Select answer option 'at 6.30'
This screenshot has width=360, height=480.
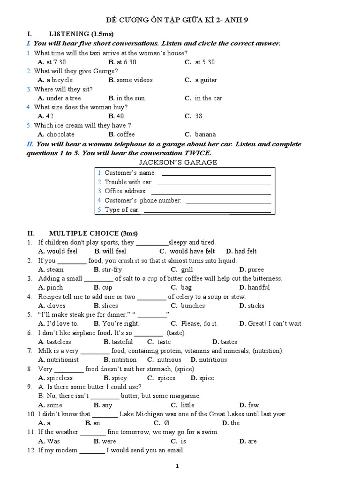point(126,62)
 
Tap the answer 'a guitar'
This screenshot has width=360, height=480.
point(206,80)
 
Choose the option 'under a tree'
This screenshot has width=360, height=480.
point(63,98)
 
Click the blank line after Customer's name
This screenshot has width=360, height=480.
point(216,174)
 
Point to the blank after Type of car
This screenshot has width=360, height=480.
point(207,211)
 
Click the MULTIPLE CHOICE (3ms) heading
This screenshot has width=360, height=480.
point(93,233)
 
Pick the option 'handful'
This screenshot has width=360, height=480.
point(258,288)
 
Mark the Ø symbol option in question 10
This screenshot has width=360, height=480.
point(166,423)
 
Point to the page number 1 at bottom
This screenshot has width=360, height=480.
point(177,466)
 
